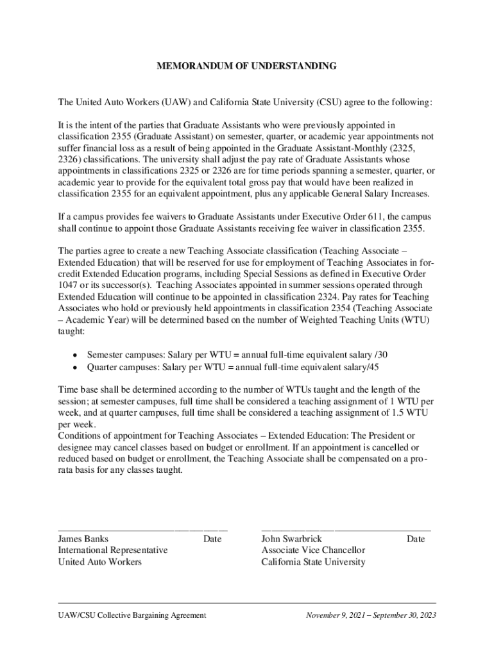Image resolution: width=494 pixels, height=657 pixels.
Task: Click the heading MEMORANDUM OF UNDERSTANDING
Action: [x=247, y=66]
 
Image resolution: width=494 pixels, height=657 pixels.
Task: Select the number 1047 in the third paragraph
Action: [x=67, y=285]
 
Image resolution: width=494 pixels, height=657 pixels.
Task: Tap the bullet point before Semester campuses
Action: [x=76, y=355]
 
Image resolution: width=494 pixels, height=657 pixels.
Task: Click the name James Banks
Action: [x=83, y=539]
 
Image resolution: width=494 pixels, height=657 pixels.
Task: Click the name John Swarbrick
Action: [x=291, y=539]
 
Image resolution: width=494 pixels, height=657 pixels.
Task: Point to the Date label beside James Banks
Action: [x=212, y=539]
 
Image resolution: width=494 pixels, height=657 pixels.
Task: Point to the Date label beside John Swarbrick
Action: [x=415, y=539]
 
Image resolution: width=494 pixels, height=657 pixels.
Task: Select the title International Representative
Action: [x=113, y=550]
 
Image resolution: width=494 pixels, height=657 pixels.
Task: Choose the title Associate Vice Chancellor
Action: [x=313, y=550]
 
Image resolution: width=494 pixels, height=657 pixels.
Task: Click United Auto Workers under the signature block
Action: [x=100, y=562]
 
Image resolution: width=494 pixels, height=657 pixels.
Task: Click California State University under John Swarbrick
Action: [x=313, y=562]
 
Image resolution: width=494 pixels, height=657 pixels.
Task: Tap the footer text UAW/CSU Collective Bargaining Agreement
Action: [x=132, y=615]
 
